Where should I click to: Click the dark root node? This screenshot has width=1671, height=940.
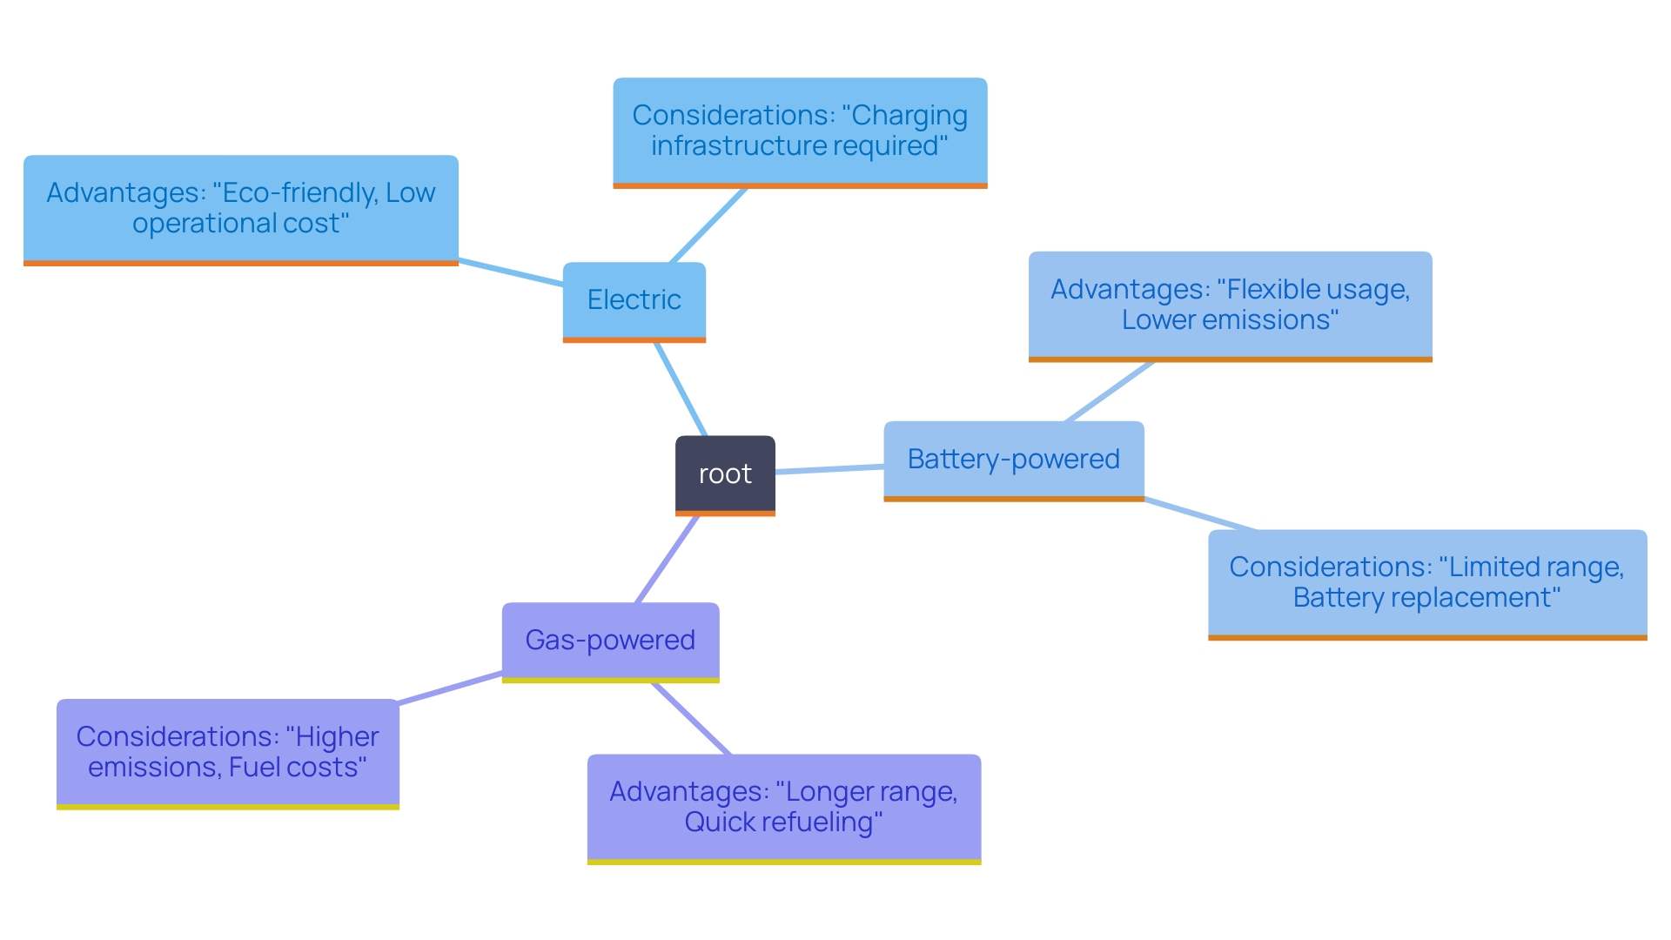tap(725, 474)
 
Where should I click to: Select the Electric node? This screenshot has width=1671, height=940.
tap(634, 299)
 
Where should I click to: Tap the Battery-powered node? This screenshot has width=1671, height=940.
tap(1013, 459)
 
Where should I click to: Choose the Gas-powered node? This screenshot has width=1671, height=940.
tap(610, 640)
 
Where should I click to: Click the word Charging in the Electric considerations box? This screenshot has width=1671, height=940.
tap(909, 116)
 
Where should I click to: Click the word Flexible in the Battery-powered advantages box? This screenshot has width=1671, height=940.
tap(1272, 289)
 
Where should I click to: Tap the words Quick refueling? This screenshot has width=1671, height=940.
tap(782, 822)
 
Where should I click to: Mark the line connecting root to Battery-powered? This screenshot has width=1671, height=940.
tap(829, 469)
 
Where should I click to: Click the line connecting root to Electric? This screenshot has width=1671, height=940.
tap(680, 388)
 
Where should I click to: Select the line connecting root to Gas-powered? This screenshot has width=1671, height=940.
tap(668, 559)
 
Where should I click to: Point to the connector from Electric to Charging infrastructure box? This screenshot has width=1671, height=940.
tap(708, 225)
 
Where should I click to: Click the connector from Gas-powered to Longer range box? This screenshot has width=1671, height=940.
tap(691, 719)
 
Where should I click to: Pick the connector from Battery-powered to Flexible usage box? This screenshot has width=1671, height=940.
tap(1110, 392)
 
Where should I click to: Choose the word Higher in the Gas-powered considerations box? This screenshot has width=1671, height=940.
tap(337, 737)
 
